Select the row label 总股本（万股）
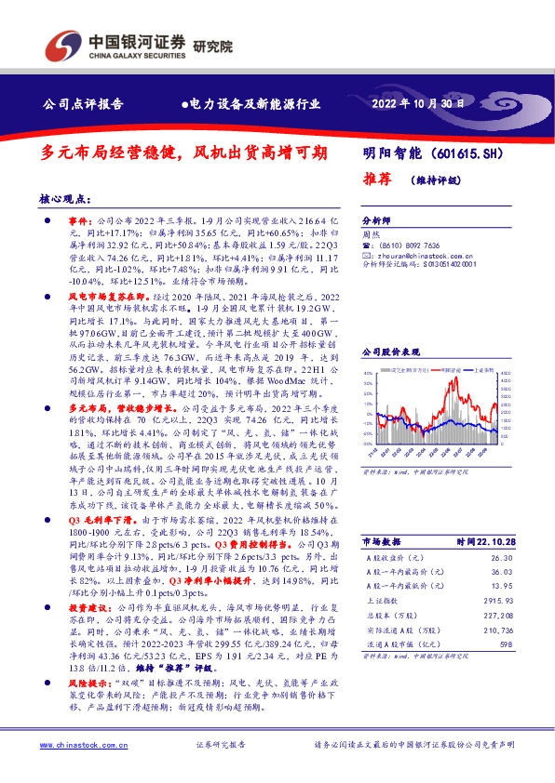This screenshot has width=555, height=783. click(396, 615)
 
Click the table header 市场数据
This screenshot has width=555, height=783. click(382, 541)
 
